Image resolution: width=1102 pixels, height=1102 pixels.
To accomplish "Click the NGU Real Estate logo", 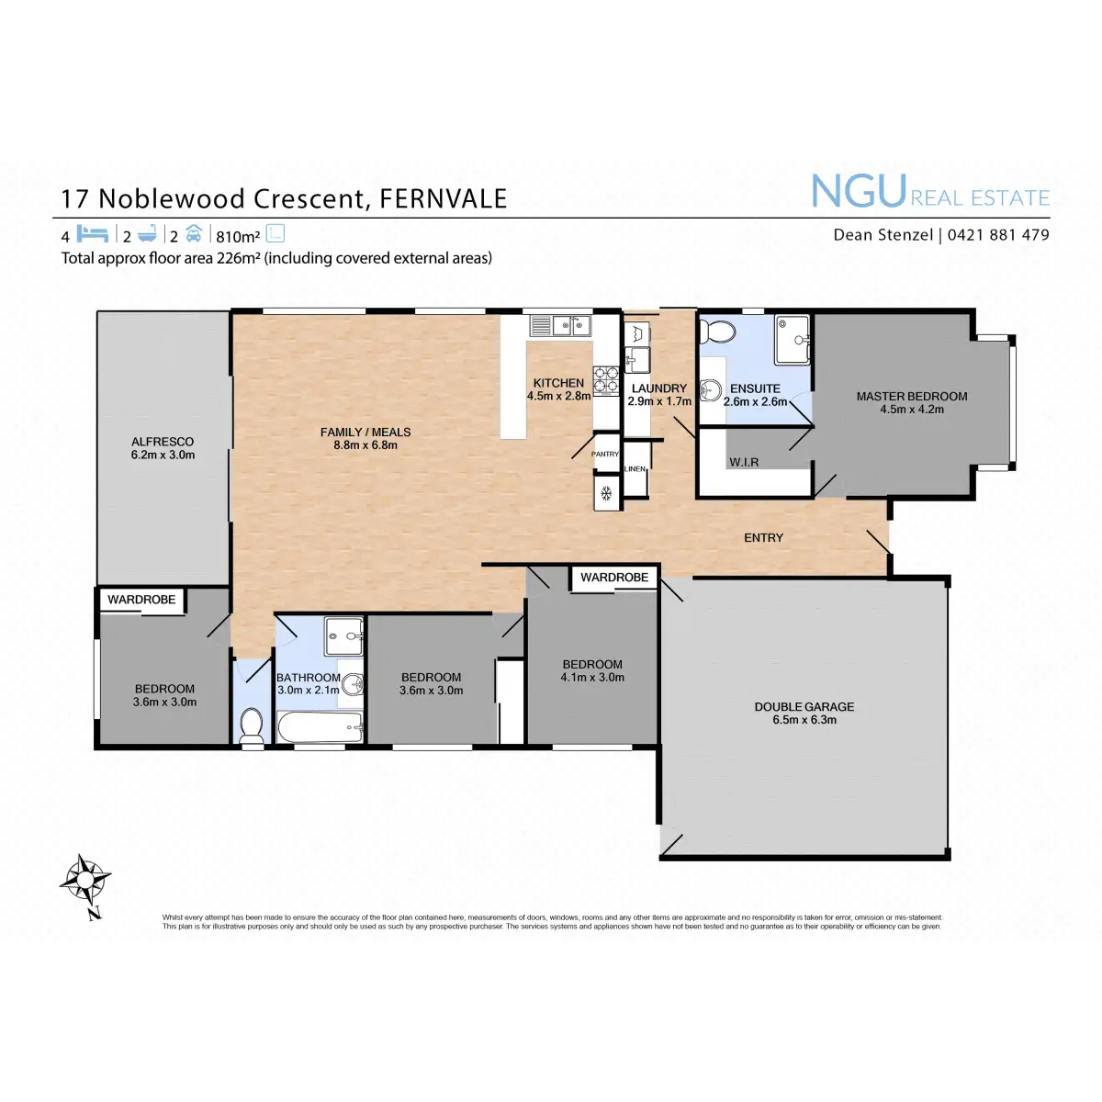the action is (x=929, y=193).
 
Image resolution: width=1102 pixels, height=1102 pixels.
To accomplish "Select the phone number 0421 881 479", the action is (x=998, y=235).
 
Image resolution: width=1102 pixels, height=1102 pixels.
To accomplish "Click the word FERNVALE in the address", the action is (x=443, y=199).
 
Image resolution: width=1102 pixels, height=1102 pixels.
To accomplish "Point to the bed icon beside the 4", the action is (x=93, y=234).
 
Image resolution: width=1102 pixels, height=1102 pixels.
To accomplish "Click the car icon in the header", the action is (x=193, y=233).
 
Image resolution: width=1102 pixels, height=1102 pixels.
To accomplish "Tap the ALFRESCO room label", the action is (x=163, y=442).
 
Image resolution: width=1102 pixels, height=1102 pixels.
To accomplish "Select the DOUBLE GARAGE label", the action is (x=804, y=706).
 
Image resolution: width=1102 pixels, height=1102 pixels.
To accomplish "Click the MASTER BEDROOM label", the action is (x=912, y=397).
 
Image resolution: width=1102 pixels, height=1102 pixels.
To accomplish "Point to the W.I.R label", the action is (x=744, y=462).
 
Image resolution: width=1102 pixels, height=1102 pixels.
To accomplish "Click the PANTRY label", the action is (x=605, y=454).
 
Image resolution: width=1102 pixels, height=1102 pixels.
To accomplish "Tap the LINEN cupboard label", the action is (x=635, y=469).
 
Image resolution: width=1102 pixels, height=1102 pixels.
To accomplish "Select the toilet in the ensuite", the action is (x=716, y=332).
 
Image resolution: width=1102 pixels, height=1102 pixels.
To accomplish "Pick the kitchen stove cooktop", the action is (x=605, y=380).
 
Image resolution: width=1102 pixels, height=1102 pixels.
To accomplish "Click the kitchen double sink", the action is (x=561, y=325).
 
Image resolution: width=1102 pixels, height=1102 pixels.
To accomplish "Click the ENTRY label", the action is (x=763, y=538).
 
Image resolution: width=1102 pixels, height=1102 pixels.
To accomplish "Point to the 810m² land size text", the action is (x=238, y=236).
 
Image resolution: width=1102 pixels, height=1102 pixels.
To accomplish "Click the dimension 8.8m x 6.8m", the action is (x=365, y=445).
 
